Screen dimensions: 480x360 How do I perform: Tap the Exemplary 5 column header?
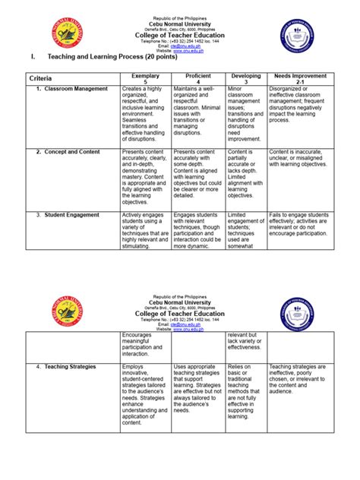coord(146,79)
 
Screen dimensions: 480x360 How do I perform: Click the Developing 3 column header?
coord(246,79)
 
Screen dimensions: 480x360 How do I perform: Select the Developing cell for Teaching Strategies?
coord(246,392)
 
